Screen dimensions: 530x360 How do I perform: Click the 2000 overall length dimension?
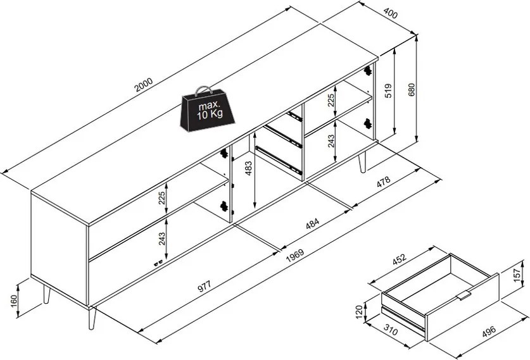144,85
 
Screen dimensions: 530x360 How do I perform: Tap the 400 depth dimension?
391,13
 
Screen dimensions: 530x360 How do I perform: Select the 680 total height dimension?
411,89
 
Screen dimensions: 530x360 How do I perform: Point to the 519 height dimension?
388,90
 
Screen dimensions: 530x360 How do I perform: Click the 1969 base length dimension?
295,256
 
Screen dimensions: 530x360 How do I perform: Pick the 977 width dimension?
204,286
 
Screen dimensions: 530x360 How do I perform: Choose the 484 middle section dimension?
312,223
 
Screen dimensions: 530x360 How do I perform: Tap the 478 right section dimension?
383,182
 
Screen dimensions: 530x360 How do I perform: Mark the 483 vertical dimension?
248,168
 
